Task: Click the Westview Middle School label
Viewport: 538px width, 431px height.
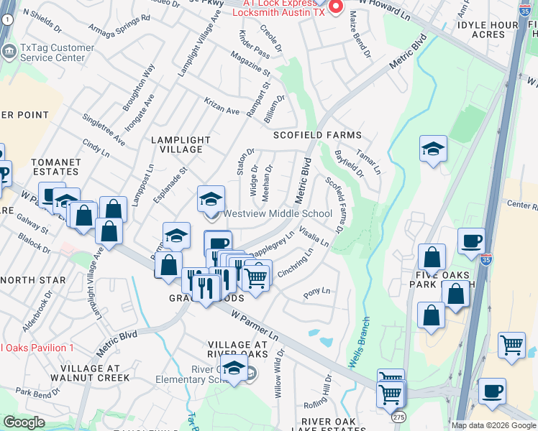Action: [278, 213]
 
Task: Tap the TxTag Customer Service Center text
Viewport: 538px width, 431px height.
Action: [58, 53]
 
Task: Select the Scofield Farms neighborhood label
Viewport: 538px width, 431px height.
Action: [316, 135]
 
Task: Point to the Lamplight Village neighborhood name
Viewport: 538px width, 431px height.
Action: [181, 144]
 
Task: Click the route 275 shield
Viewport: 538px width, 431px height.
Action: [397, 417]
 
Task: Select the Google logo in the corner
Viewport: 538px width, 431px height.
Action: [24, 422]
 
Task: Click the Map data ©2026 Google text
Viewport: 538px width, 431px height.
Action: [493, 425]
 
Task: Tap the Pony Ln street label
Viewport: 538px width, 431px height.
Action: [316, 292]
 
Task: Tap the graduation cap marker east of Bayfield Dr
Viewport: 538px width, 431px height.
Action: [433, 149]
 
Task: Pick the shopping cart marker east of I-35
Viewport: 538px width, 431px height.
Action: [511, 345]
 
